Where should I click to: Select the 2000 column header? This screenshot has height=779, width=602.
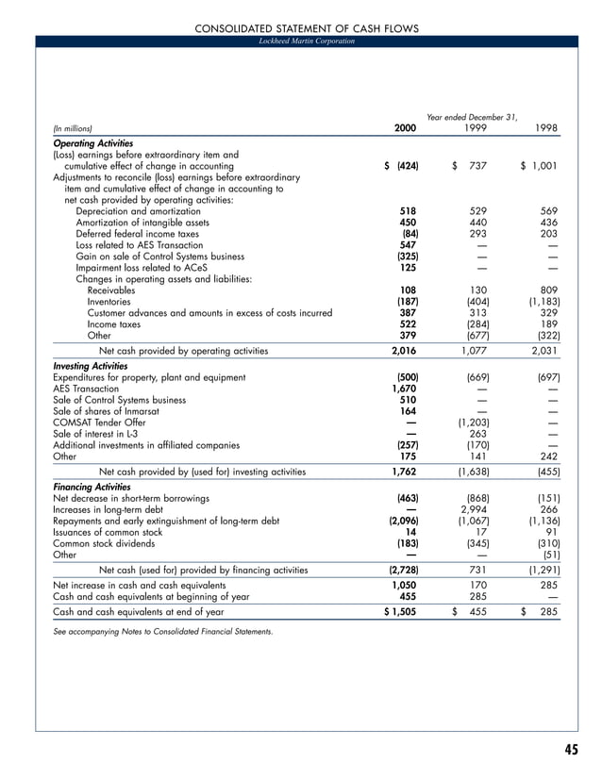405,128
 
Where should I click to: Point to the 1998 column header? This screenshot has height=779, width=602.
545,128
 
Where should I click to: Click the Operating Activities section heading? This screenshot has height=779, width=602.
93,141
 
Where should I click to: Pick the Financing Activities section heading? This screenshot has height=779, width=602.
92,487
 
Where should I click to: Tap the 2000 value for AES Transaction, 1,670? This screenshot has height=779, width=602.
405,389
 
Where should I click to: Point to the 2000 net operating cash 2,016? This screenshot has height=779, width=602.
405,351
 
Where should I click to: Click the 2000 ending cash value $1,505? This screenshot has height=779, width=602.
401,611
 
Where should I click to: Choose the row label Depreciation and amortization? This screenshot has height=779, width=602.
135,211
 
